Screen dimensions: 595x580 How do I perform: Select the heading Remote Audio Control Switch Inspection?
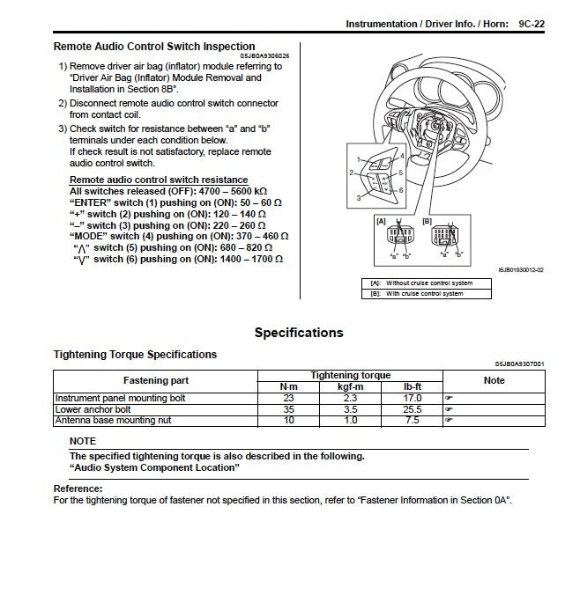154,47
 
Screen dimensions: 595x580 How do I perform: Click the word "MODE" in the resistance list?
90,237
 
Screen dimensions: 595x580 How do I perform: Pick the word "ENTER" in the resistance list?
92,202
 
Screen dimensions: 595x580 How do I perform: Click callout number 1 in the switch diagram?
359,158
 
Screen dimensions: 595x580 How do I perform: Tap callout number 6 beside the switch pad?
401,190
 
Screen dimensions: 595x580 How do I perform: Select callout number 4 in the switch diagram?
401,156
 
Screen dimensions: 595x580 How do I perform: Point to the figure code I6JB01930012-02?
520,269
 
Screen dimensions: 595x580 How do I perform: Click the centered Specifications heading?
299,333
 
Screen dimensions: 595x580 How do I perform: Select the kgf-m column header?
351,386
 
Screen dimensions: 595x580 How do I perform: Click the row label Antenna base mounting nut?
113,421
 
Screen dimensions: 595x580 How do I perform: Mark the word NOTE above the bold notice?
83,440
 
